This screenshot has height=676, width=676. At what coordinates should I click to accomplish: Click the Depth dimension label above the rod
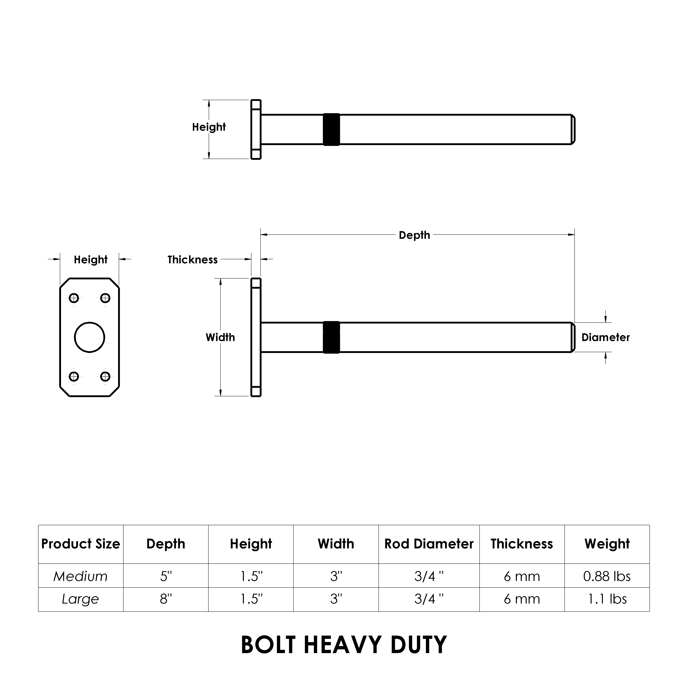(414, 235)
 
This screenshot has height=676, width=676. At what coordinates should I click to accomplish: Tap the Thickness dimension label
(193, 260)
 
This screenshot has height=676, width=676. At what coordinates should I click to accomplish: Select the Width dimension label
(220, 337)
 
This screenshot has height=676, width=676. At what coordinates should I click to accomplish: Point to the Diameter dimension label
(605, 337)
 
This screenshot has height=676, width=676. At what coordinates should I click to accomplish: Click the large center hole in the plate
(90, 337)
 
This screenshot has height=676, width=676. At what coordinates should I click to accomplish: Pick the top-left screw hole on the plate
(74, 298)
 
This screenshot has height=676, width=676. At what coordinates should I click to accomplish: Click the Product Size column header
(80, 544)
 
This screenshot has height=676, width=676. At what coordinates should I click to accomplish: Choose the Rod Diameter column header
(429, 544)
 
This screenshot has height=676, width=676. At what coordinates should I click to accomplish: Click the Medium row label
(80, 576)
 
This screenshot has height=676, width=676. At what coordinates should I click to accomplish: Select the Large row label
(80, 599)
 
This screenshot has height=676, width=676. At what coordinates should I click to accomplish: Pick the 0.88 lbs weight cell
(607, 576)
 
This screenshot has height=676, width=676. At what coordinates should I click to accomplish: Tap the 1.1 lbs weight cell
(607, 599)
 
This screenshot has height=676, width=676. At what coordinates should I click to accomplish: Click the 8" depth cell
(166, 599)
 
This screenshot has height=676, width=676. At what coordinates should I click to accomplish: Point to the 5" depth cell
(166, 576)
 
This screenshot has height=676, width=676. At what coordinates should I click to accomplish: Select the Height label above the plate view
(91, 260)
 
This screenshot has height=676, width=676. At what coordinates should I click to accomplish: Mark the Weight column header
(607, 544)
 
